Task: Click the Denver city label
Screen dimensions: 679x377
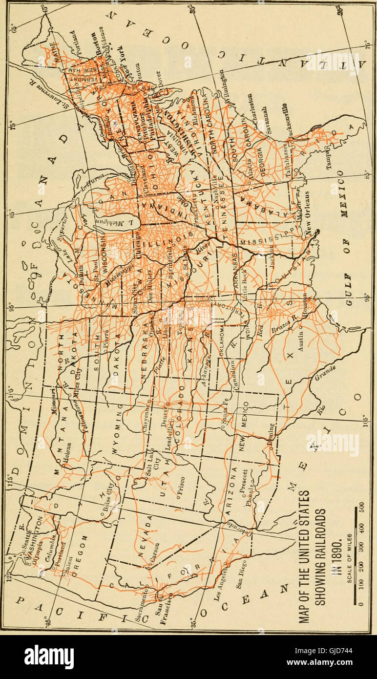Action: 164,418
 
